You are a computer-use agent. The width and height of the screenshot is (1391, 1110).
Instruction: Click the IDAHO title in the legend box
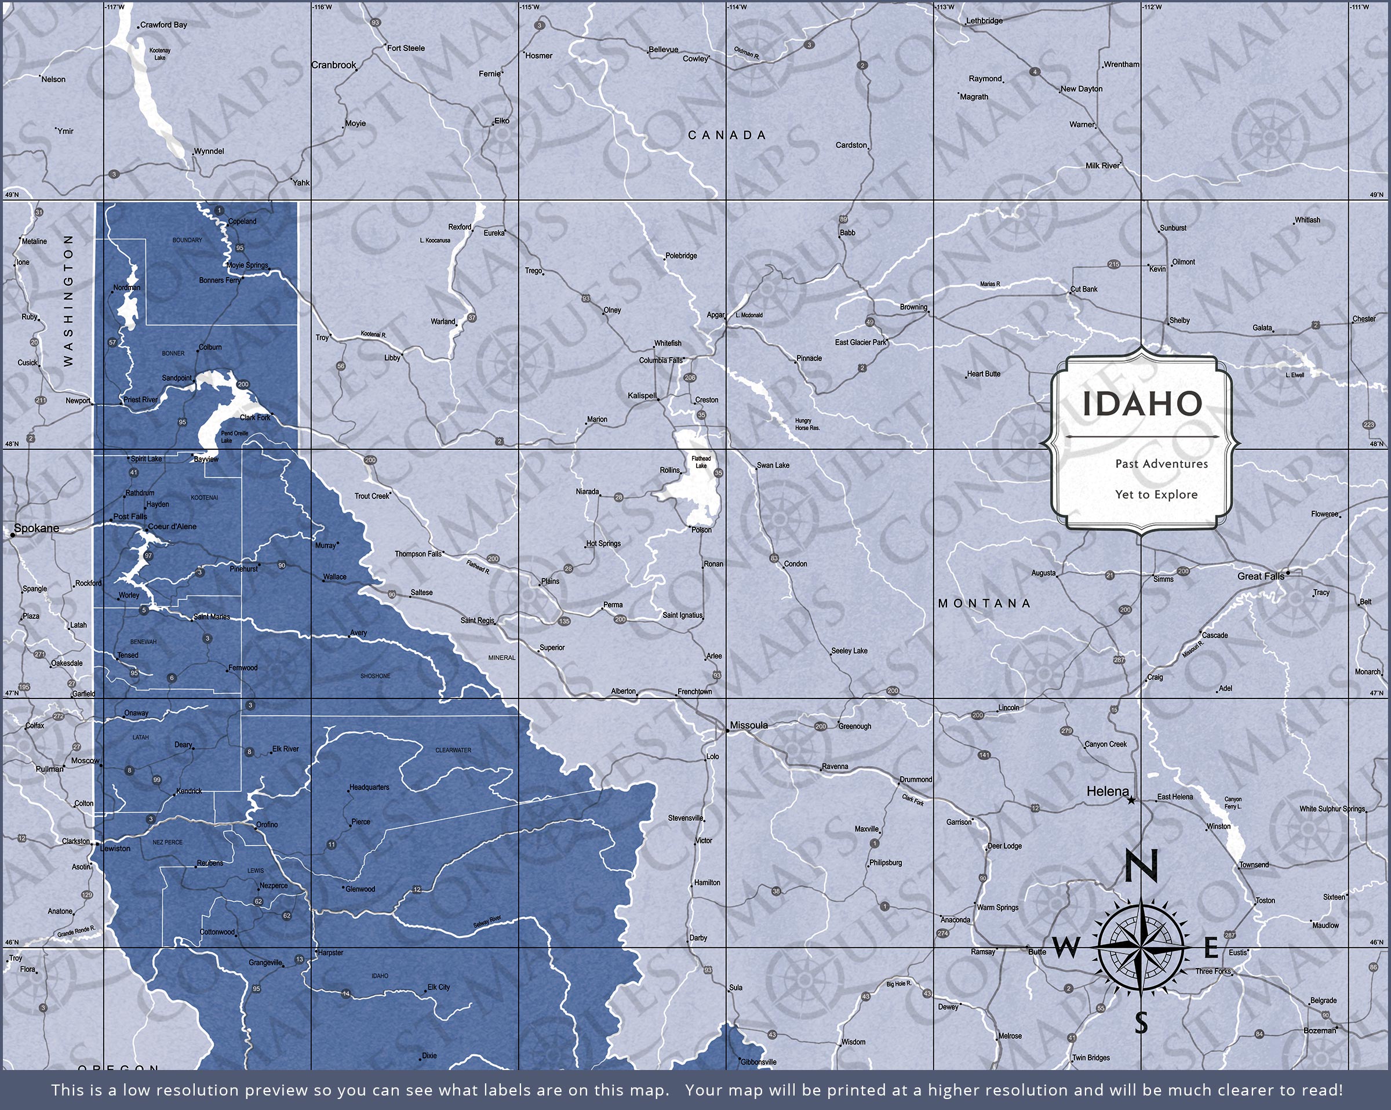coord(1142,404)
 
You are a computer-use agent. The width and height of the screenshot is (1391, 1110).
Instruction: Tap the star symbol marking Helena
coord(1131,800)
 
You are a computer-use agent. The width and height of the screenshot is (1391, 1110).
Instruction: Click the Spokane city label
coord(36,529)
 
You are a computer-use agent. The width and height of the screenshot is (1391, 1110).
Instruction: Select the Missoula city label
coord(748,725)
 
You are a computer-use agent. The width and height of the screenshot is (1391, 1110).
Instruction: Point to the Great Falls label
coord(1261,576)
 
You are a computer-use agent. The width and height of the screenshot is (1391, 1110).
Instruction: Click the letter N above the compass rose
coord(1141,866)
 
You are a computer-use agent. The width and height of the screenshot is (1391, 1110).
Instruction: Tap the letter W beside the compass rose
coord(1066,948)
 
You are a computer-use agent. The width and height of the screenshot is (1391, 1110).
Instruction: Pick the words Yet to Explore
coord(1156,495)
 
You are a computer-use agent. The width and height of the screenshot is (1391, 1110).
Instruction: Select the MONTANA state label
coord(985,603)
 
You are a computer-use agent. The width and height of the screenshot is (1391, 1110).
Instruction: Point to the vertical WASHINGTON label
coord(68,300)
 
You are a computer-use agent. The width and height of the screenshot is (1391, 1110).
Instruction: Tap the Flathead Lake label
coord(701,462)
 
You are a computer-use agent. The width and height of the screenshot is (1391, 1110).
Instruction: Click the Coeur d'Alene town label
coord(172,527)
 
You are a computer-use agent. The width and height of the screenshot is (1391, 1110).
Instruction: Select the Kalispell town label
coord(642,395)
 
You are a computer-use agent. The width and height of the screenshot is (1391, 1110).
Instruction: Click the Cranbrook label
coord(334,65)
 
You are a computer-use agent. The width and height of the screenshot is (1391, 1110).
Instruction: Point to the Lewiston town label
coord(115,849)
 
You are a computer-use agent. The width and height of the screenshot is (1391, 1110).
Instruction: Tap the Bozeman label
coord(1319,1031)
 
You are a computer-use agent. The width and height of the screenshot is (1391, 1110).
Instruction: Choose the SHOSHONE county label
coord(376,676)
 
